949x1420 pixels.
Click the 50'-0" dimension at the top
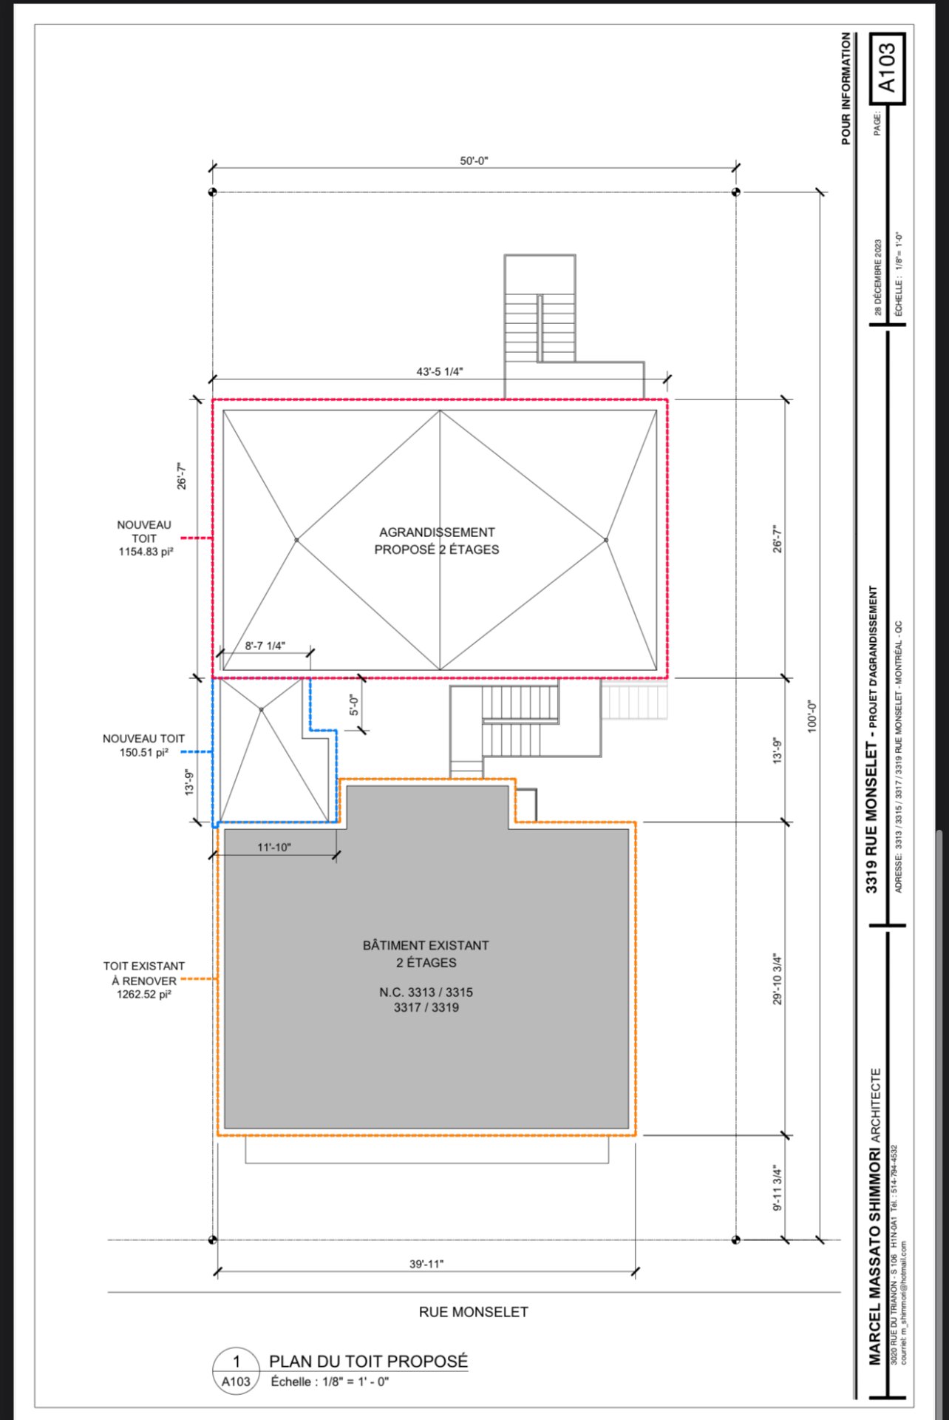[474, 161]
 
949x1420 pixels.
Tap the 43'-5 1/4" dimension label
[440, 371]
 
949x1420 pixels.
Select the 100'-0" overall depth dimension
[812, 716]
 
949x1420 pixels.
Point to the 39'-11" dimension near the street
[426, 1264]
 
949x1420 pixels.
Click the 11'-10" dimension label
[274, 847]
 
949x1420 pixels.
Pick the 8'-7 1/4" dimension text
[265, 646]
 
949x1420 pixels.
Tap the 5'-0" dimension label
[354, 706]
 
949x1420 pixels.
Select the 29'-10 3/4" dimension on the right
[778, 978]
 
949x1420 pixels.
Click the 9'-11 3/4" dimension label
[778, 1189]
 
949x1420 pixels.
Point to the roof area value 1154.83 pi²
[146, 552]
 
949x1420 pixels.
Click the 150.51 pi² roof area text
[144, 752]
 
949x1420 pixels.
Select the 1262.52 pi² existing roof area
[144, 994]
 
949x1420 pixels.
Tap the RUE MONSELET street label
[474, 1312]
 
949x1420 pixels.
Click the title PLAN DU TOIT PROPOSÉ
[369, 1362]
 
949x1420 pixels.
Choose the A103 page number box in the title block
[888, 68]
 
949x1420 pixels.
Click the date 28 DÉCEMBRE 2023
[878, 277]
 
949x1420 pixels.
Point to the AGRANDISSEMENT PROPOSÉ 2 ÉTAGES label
[437, 541]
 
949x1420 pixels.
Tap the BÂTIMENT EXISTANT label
[426, 945]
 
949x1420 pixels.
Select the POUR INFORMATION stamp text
[846, 88]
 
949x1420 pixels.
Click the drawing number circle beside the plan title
[236, 1371]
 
